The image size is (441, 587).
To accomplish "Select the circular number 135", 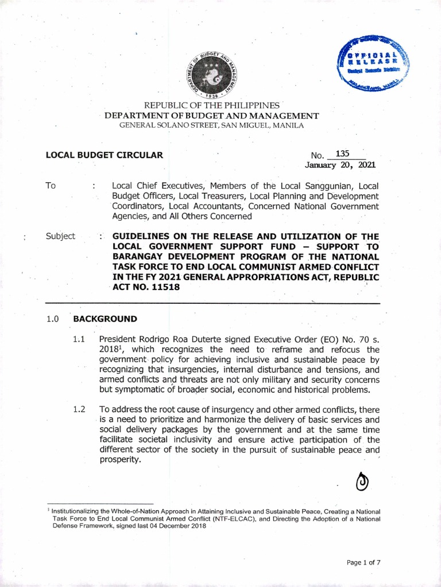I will pyautogui.click(x=342, y=154).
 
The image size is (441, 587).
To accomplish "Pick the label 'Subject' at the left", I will pyautogui.click(x=60, y=236).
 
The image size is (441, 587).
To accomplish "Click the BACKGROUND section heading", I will pyautogui.click(x=105, y=319).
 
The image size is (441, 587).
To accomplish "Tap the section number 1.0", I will pyautogui.click(x=53, y=319).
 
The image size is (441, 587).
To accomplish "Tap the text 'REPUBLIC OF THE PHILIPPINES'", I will pyautogui.click(x=212, y=106).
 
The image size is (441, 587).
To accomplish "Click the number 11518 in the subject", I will pyautogui.click(x=164, y=288).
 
